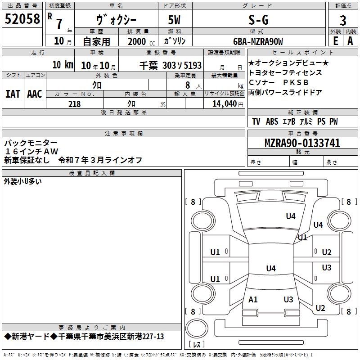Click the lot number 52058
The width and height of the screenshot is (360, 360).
pyautogui.click(x=22, y=19)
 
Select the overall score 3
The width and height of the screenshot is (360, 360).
pyautogui.click(x=343, y=21)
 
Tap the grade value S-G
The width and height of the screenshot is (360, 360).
pyautogui.click(x=258, y=20)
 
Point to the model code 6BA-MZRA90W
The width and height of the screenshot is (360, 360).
pyautogui.click(x=258, y=41)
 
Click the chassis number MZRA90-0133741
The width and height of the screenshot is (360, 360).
pyautogui.click(x=302, y=143)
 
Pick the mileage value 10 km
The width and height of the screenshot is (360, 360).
pyautogui.click(x=63, y=65)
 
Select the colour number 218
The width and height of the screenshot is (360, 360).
pyautogui.click(x=74, y=104)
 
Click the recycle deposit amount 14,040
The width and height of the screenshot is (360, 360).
pyautogui.click(x=225, y=104)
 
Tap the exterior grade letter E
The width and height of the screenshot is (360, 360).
pyautogui.click(x=336, y=41)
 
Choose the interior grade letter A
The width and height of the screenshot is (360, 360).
pyautogui.click(x=350, y=41)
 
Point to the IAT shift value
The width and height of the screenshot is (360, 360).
pyautogui.click(x=13, y=94)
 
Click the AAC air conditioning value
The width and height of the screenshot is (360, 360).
pyautogui.click(x=35, y=94)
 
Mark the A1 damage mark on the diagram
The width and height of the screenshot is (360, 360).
pyautogui.click(x=253, y=300)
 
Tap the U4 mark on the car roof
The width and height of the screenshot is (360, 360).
pyautogui.click(x=271, y=268)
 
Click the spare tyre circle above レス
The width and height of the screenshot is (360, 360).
pyautogui.click(x=197, y=328)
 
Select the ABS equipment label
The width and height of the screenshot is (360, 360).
pyautogui.click(x=272, y=121)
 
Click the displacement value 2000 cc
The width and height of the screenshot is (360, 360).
pyautogui.click(x=141, y=41)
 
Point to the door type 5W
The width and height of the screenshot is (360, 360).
pyautogui.click(x=174, y=20)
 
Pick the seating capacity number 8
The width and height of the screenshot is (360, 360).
pyautogui.click(x=188, y=85)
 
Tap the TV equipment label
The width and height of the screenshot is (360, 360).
pyautogui.click(x=256, y=121)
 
